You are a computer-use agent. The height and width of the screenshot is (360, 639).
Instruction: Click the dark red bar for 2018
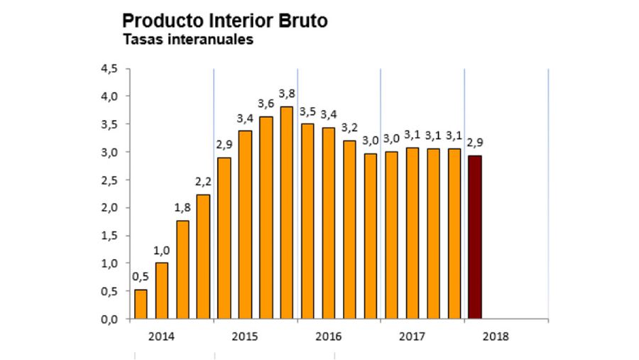(475, 237)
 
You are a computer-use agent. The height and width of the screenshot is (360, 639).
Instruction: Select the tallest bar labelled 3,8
(287, 212)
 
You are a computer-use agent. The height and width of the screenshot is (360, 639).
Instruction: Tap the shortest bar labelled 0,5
(141, 304)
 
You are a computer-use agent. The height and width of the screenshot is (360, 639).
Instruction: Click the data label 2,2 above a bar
(203, 182)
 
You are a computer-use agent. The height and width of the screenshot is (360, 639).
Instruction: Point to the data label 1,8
(182, 208)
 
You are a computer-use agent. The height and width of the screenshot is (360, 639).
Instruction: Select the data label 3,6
(266, 104)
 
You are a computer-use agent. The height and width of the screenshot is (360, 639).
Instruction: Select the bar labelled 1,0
(161, 290)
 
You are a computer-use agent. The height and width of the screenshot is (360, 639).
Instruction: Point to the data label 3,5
(308, 111)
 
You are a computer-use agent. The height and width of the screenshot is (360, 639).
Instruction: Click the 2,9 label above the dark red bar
(475, 142)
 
